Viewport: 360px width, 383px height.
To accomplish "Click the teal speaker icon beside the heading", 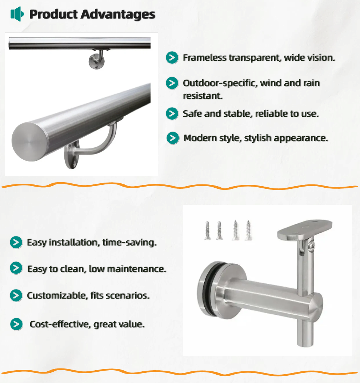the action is pyautogui.click(x=17, y=14).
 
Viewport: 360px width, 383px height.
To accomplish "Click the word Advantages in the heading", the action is pyautogui.click(x=118, y=14).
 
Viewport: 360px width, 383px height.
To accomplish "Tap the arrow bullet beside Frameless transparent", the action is pyautogui.click(x=172, y=57).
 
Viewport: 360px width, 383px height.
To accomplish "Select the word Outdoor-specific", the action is pyautogui.click(x=220, y=83).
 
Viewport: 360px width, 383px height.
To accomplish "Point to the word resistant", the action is pyautogui.click(x=203, y=96).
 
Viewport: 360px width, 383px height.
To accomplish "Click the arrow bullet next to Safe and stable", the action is pyautogui.click(x=172, y=113).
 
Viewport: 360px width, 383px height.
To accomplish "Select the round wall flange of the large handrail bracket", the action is pyautogui.click(x=72, y=155).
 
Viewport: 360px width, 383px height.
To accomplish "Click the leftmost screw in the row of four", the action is pyautogui.click(x=207, y=231).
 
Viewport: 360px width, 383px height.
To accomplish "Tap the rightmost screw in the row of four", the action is pyautogui.click(x=248, y=230).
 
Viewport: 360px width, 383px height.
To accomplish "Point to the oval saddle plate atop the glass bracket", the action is pyautogui.click(x=305, y=230).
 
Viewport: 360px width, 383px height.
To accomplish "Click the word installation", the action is pyautogui.click(x=73, y=243).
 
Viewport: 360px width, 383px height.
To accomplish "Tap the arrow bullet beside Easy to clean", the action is pyautogui.click(x=16, y=268).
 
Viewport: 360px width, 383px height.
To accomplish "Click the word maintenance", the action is pyautogui.click(x=136, y=269).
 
